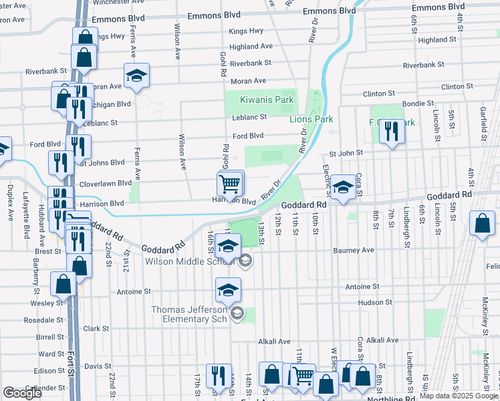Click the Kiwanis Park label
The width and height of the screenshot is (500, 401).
[x=267, y=100]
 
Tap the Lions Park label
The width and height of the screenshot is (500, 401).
[x=311, y=119]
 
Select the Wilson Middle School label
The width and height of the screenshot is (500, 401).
[x=189, y=261]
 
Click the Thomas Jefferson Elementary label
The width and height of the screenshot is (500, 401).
[x=191, y=314]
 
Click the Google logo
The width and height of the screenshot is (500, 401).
[x=23, y=393]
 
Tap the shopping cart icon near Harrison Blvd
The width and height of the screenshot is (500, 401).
[x=230, y=183]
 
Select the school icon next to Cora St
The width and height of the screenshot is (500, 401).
[x=344, y=188]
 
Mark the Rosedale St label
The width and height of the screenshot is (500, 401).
[x=43, y=319]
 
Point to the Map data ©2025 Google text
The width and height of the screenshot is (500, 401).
[x=459, y=396]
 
